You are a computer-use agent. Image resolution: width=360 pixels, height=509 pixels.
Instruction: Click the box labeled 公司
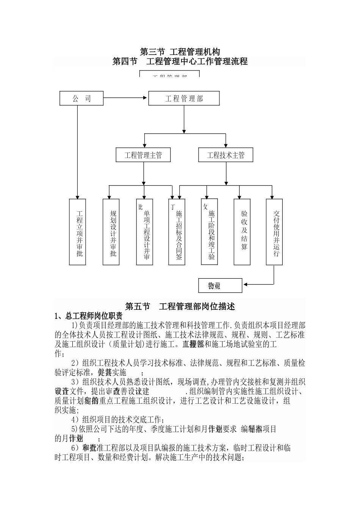(81, 98)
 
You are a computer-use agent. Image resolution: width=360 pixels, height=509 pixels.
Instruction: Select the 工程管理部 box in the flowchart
(184, 98)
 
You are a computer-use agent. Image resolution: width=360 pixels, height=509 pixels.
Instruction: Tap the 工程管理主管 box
(143, 155)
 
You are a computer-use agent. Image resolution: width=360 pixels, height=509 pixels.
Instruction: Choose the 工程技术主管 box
(226, 155)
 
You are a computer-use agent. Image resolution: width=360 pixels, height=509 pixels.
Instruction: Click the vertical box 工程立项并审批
(78, 232)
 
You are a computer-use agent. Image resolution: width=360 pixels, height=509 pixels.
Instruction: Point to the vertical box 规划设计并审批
(111, 232)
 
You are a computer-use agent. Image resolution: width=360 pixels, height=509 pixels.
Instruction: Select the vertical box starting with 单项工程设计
(145, 232)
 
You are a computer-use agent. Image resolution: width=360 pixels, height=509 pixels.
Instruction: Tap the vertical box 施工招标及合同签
(177, 232)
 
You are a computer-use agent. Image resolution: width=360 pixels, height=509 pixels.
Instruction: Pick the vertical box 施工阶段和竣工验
(210, 232)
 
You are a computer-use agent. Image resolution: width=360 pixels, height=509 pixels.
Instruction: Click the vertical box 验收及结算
(242, 232)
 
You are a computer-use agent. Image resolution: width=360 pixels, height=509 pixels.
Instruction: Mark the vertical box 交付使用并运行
(274, 232)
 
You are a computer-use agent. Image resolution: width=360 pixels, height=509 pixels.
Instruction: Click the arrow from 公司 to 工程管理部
(125, 98)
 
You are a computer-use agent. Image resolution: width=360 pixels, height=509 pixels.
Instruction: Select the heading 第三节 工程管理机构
(180, 51)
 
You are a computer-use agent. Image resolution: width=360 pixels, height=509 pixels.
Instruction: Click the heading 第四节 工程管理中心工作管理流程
(180, 61)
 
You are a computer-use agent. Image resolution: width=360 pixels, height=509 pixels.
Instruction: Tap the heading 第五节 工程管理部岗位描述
(180, 306)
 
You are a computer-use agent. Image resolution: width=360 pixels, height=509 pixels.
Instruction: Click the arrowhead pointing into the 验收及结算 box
(239, 197)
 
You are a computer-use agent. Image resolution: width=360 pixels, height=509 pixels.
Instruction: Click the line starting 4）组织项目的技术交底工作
(117, 420)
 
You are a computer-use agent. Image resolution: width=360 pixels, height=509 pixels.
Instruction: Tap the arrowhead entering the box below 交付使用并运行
(245, 284)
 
